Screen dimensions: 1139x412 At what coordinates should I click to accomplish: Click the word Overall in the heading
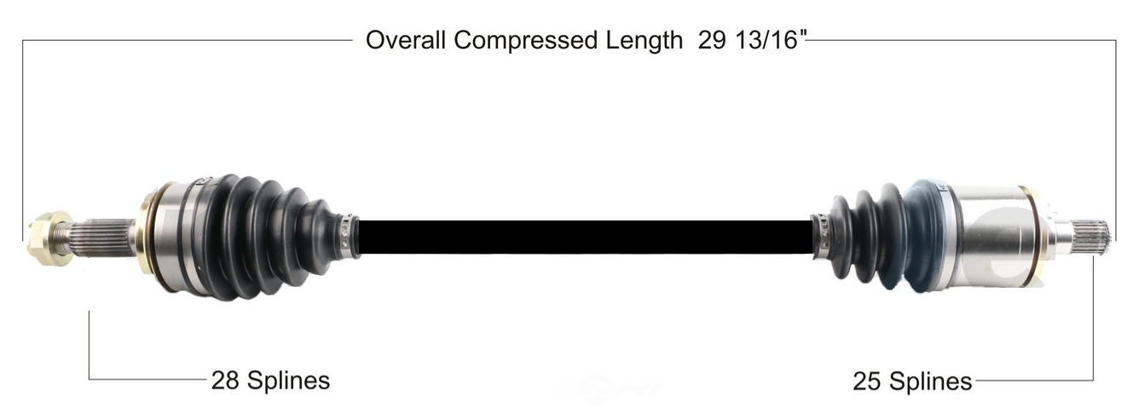pos(405,40)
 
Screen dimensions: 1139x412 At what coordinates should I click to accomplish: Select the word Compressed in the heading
pos(525,41)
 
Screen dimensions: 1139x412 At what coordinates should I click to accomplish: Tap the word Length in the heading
pos(644,41)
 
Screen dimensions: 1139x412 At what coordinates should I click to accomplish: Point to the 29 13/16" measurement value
pos(753,40)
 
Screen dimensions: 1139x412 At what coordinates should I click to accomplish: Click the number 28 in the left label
pos(225,380)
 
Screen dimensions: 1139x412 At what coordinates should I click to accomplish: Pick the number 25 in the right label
pos(866,381)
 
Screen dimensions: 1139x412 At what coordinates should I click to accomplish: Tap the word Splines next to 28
pos(289,381)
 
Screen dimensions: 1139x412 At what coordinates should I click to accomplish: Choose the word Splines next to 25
pos(930,382)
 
